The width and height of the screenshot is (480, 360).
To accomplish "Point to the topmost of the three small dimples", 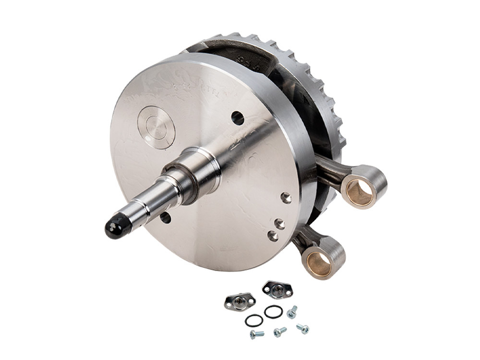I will pyautogui.click(x=286, y=197).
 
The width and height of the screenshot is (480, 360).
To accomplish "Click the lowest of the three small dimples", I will pyautogui.click(x=273, y=235).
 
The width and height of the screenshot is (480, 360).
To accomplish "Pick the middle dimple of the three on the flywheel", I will pyautogui.click(x=280, y=224).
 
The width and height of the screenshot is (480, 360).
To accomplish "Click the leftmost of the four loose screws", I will pyautogui.click(x=256, y=334).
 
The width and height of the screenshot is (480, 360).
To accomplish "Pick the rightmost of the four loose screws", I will pyautogui.click(x=302, y=329).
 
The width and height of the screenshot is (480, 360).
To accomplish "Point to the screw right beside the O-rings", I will pyautogui.click(x=291, y=314).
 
